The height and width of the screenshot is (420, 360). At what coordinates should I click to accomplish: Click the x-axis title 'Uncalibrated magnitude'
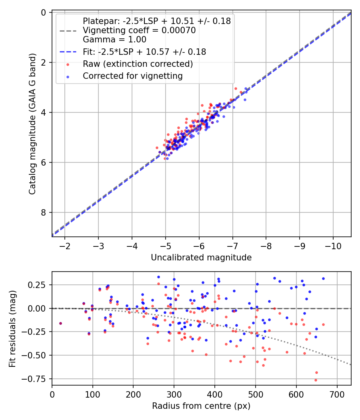pyautogui.click(x=201, y=258)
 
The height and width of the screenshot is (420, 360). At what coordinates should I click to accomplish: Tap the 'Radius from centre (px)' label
pyautogui.click(x=201, y=406)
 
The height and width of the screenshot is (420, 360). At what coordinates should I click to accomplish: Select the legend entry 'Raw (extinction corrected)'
pyautogui.click(x=138, y=64)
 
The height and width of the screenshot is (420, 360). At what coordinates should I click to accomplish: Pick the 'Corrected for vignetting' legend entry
pyautogui.click(x=132, y=76)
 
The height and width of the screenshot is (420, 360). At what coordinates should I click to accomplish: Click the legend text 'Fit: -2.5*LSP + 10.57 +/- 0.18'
pyautogui.click(x=144, y=52)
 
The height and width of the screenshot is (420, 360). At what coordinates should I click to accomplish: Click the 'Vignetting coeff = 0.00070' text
pyautogui.click(x=139, y=30)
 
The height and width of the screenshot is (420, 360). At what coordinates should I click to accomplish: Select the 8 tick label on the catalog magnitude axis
pyautogui.click(x=43, y=212)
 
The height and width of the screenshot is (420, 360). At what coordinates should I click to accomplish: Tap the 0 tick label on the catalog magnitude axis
pyautogui.click(x=43, y=12)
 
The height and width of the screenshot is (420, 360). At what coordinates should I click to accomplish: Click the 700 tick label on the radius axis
pyautogui.click(x=337, y=394)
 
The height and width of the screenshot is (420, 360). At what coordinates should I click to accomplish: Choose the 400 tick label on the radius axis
pyautogui.click(x=215, y=394)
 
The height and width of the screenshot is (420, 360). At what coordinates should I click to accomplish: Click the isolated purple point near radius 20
pyautogui.click(x=60, y=323)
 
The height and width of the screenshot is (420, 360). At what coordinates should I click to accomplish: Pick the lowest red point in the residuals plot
pyautogui.click(x=316, y=380)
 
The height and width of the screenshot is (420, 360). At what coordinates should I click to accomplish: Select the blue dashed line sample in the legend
pyautogui.click(x=68, y=52)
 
